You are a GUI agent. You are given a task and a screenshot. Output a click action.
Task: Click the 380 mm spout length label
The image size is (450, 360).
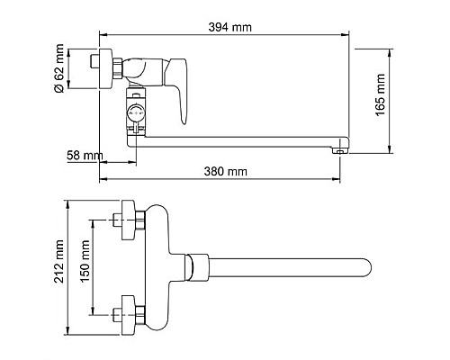pos(224,170)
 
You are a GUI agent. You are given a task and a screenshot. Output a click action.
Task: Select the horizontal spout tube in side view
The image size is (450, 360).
pos(234,144)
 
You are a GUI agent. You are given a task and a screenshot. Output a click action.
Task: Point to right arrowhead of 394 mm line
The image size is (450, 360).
pos(347,36)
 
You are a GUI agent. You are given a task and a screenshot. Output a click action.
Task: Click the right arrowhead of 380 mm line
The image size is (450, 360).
pos(338,178)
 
